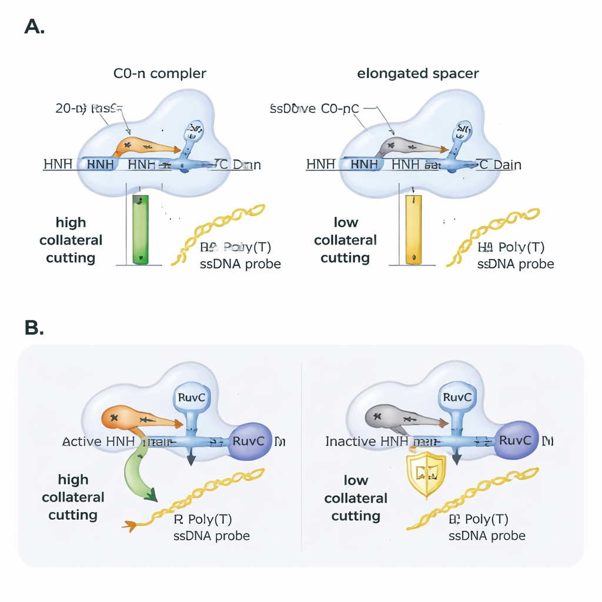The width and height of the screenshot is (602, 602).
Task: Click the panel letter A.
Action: pyautogui.click(x=34, y=26)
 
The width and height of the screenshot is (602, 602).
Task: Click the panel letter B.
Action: pyautogui.click(x=34, y=327)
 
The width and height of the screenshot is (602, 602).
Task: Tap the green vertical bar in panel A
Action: pyautogui.click(x=141, y=229)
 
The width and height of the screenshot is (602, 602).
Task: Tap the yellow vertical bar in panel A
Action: pyautogui.click(x=414, y=229)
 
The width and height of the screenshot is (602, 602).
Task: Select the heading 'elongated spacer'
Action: pyautogui.click(x=418, y=73)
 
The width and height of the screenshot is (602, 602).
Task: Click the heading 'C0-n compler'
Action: pyautogui.click(x=160, y=73)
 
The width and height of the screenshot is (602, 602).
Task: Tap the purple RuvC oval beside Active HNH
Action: pyautogui.click(x=250, y=441)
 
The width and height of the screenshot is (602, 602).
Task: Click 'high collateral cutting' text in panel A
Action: pyautogui.click(x=71, y=240)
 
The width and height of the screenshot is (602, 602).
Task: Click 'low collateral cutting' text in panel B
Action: pyautogui.click(x=356, y=498)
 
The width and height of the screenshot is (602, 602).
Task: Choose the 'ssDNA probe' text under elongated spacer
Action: pyautogui.click(x=515, y=264)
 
